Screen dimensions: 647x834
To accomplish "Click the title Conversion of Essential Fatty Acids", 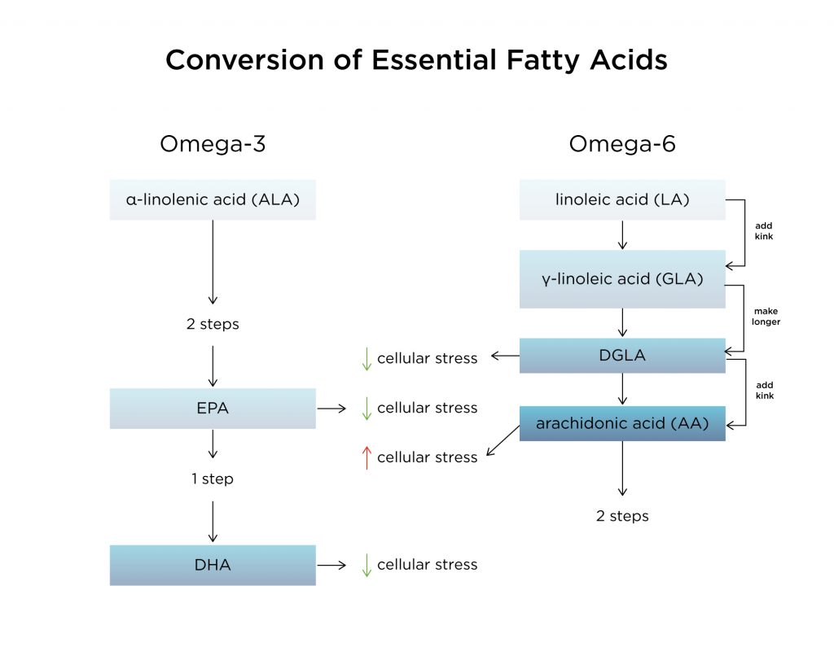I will [416, 60].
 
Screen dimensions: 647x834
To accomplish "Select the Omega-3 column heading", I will [213, 144].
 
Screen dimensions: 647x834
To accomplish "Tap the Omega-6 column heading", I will [622, 144].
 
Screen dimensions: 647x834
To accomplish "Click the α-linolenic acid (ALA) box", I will [213, 199].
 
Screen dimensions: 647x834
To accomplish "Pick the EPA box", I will [213, 409].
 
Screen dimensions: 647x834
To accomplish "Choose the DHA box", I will [213, 565].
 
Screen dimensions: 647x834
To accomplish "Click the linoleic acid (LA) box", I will [622, 199].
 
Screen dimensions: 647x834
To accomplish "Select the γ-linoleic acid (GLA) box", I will [622, 279].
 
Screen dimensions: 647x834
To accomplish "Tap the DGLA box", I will [622, 356].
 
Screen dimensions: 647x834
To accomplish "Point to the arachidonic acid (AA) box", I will [622, 423].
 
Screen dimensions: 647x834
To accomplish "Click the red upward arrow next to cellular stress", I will [367, 457].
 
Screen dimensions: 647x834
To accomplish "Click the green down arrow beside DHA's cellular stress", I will [367, 565].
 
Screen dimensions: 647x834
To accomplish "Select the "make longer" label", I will [766, 317].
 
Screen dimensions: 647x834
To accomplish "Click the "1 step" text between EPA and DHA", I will [213, 479].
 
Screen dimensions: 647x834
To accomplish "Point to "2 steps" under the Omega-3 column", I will [213, 324].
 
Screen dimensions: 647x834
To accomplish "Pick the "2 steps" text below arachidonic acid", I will [622, 516].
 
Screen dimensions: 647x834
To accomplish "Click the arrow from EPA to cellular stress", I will [331, 409].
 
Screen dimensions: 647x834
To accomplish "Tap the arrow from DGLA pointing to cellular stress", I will [505, 356].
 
